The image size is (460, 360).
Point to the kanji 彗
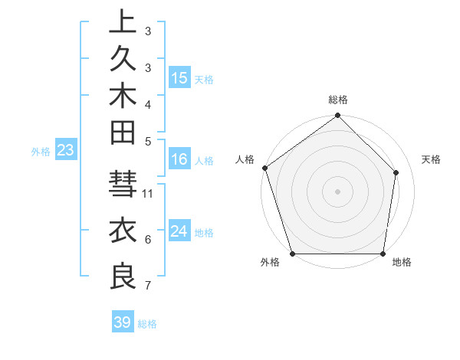[x=123, y=186]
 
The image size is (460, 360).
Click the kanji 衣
[x=123, y=231]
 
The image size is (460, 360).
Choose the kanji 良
[x=123, y=276]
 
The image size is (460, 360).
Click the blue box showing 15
[x=179, y=78]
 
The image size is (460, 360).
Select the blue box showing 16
[x=179, y=160]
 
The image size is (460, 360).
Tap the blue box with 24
[x=179, y=232]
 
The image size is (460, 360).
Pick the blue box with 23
[x=65, y=151]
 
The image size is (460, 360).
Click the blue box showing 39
[x=123, y=322]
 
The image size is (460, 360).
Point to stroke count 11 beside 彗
[x=149, y=193]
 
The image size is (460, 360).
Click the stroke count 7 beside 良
[x=148, y=286]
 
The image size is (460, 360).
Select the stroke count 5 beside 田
[x=148, y=141]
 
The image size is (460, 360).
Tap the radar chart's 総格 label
[x=338, y=100]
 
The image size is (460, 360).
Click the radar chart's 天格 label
[x=432, y=159]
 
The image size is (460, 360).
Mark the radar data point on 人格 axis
[x=265, y=168]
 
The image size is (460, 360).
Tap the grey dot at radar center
[x=338, y=191]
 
